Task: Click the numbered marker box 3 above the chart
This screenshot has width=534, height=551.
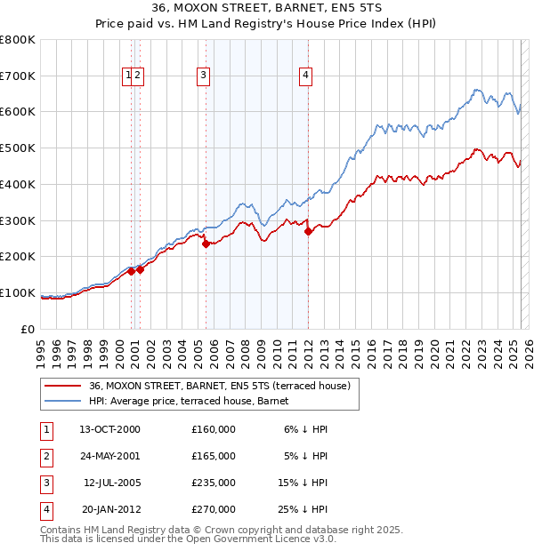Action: pos(204,76)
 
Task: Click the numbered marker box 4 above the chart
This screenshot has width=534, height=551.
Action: pos(305,76)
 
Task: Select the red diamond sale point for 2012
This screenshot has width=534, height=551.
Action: pos(308,231)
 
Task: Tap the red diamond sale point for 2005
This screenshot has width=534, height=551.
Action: pos(206,244)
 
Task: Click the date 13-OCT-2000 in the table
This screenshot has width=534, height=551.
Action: pos(109,429)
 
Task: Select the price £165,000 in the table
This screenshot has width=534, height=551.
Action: pos(214,456)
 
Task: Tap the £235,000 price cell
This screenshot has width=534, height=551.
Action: pos(214,483)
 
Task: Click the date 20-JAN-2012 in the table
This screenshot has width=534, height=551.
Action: pos(109,509)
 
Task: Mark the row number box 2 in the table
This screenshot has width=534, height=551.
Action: pos(45,456)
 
